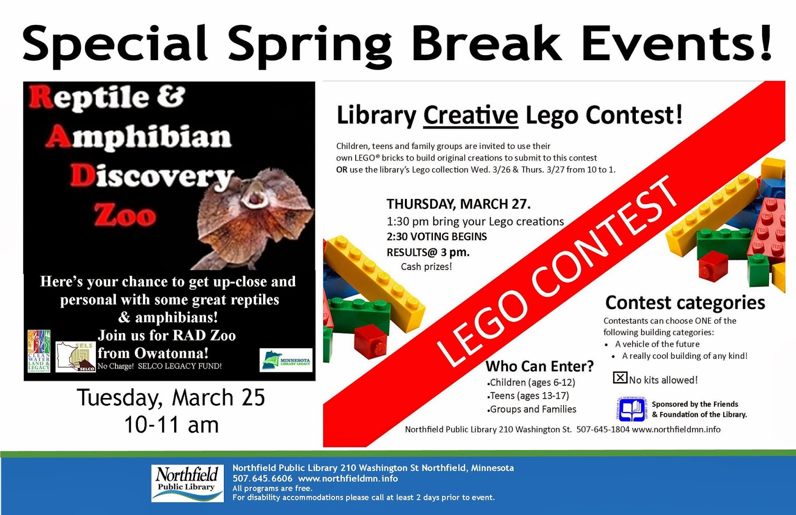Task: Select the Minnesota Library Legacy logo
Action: coord(286,360)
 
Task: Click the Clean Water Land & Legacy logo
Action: coord(39,351)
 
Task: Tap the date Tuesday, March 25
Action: coord(171,398)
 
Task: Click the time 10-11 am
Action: coord(171,425)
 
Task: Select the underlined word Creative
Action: coord(471,115)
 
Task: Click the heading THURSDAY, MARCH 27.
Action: coord(459,204)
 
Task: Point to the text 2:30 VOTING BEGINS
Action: coord(437,236)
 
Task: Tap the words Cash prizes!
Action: coord(426,267)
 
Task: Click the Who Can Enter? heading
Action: coord(539,366)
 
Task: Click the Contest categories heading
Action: coord(685,303)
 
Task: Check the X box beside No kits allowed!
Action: coord(620,378)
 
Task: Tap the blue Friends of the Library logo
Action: coord(631,409)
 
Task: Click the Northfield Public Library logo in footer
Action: coord(187,483)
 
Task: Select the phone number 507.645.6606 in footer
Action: coord(262,479)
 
